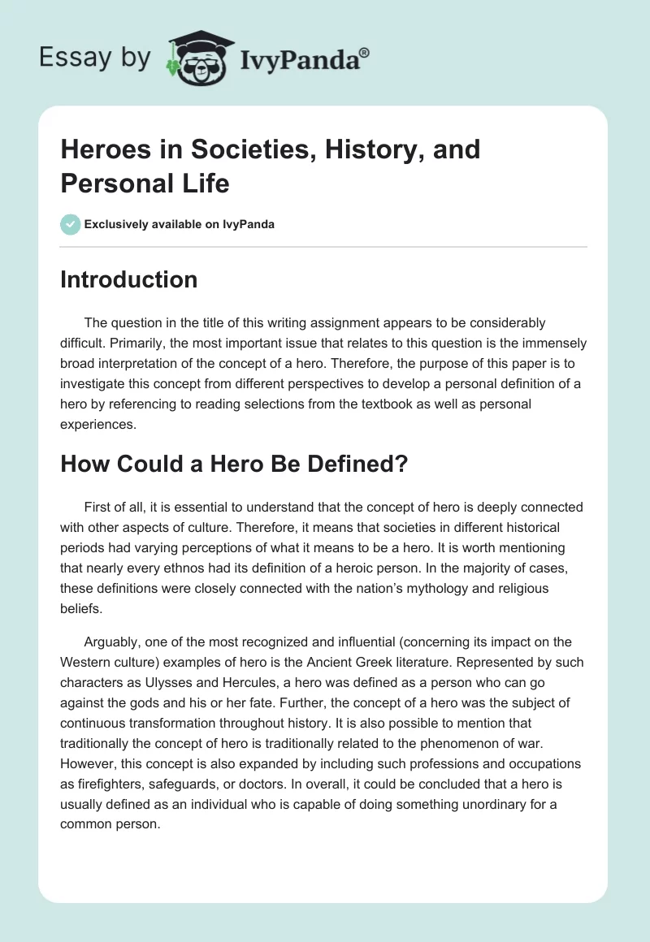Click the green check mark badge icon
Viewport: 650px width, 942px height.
(71, 224)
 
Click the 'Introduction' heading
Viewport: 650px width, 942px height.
(129, 279)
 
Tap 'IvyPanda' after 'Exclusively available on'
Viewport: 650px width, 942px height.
(249, 224)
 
